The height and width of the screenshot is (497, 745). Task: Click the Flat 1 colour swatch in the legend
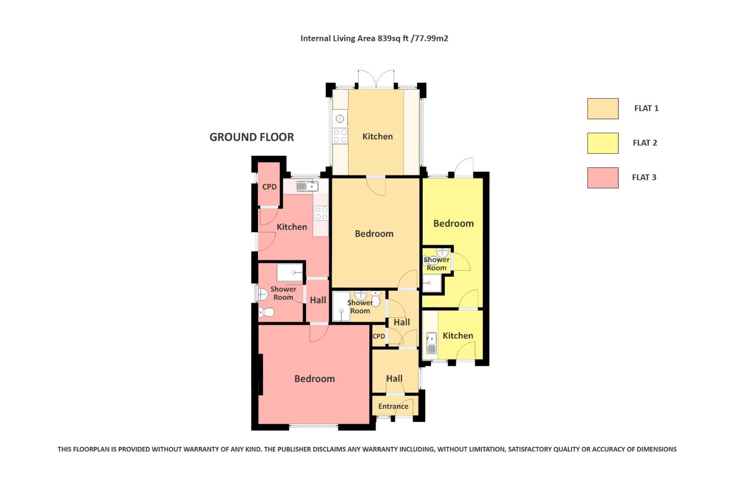coord(602,109)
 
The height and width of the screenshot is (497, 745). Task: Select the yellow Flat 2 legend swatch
coord(602,143)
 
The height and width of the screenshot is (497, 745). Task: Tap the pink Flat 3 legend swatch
coord(602,178)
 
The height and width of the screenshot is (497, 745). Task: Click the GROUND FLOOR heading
coord(252,137)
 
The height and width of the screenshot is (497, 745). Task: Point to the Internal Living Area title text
coord(374,38)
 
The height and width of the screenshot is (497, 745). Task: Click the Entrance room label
coord(393,406)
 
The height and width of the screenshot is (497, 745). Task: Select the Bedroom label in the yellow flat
coord(453,224)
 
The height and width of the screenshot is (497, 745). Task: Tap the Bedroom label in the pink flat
coord(315,379)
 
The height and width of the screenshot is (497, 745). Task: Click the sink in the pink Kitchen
coord(307,186)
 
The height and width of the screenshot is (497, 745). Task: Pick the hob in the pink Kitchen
coord(321,213)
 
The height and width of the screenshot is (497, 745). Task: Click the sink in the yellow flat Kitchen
coord(431,343)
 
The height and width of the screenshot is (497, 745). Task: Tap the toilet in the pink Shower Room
coord(266,313)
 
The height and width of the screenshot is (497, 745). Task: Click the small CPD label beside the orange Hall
coord(379,336)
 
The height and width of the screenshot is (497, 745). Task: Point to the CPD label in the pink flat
coord(269,187)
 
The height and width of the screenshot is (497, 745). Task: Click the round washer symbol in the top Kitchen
coord(340,119)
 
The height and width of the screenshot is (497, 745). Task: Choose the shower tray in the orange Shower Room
coord(341,306)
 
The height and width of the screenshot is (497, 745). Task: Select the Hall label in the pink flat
coord(318,301)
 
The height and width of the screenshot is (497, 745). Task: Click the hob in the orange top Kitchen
coord(340,136)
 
